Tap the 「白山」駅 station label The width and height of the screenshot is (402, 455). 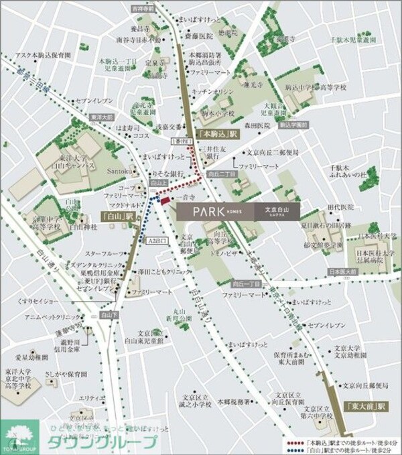tap(119, 217)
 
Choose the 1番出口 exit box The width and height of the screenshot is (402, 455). tap(181, 142)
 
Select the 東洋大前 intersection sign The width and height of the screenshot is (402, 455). tap(98, 116)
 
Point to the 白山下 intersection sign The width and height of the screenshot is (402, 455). tap(107, 313)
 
